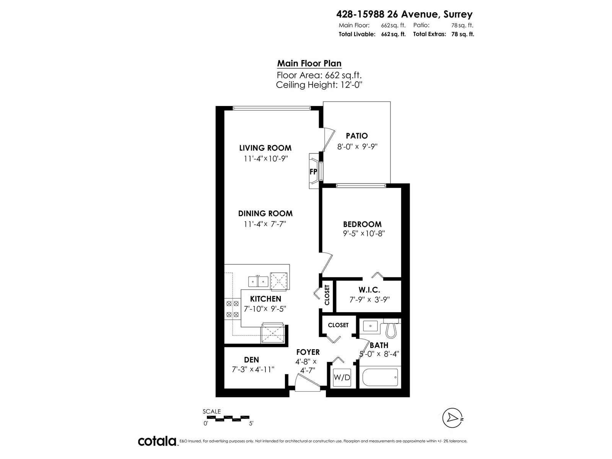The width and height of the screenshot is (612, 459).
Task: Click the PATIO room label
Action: click(356, 136)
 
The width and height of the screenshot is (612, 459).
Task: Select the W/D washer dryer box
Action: click(342, 378)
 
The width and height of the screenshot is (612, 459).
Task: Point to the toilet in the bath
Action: click(391, 329)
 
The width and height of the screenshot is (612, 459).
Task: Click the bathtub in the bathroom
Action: click(380, 377)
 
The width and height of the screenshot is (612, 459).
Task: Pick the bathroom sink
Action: click(370, 326)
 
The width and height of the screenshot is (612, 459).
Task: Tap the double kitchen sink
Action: click(258, 282)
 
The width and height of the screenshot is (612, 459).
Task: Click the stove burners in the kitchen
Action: click(233, 309)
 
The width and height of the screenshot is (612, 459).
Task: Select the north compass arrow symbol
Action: click(451, 418)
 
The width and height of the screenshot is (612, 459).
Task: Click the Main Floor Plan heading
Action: click(309, 63)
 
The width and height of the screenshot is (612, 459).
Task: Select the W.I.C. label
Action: click(369, 290)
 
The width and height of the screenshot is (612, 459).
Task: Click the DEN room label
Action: click(251, 360)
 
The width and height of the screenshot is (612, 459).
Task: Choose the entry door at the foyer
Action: click(307, 383)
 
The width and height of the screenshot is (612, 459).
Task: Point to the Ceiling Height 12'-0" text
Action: click(319, 85)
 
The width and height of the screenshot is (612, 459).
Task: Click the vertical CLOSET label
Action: click(327, 295)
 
